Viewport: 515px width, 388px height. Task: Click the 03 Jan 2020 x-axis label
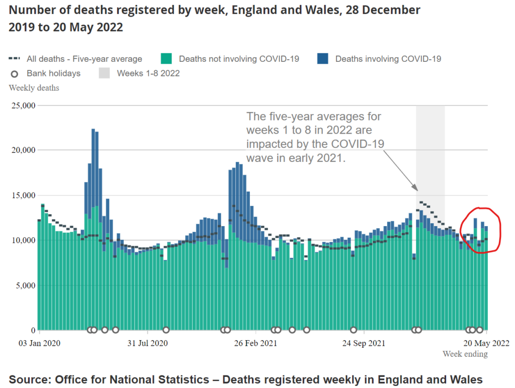40,344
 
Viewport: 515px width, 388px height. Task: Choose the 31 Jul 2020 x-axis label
147,344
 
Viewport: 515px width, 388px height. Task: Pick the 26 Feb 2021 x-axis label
255,344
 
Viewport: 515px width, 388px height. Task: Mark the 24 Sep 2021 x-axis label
364,344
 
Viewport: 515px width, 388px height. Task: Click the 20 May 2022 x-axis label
486,344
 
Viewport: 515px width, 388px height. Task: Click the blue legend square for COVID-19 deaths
323,59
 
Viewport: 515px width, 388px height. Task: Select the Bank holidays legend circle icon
15,74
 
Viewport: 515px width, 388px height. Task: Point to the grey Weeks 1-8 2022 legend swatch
104,73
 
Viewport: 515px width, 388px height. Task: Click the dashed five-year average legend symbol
15,59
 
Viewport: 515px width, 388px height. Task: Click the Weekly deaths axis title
34,88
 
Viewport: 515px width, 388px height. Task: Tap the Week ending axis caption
465,354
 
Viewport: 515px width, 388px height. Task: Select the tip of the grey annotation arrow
417,190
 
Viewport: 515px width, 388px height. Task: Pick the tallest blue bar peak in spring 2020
94,130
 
